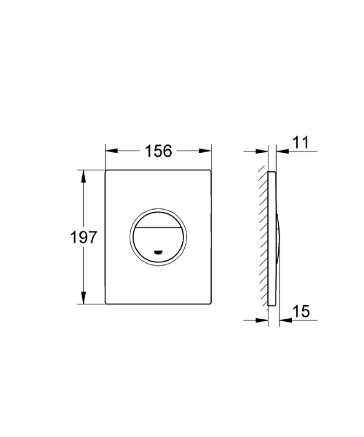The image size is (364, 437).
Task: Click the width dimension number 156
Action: pos(159,151)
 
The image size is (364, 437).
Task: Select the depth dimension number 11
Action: pos(301,143)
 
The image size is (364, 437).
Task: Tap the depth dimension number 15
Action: pos(301,311)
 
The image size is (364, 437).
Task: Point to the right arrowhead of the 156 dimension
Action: pos(207,151)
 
